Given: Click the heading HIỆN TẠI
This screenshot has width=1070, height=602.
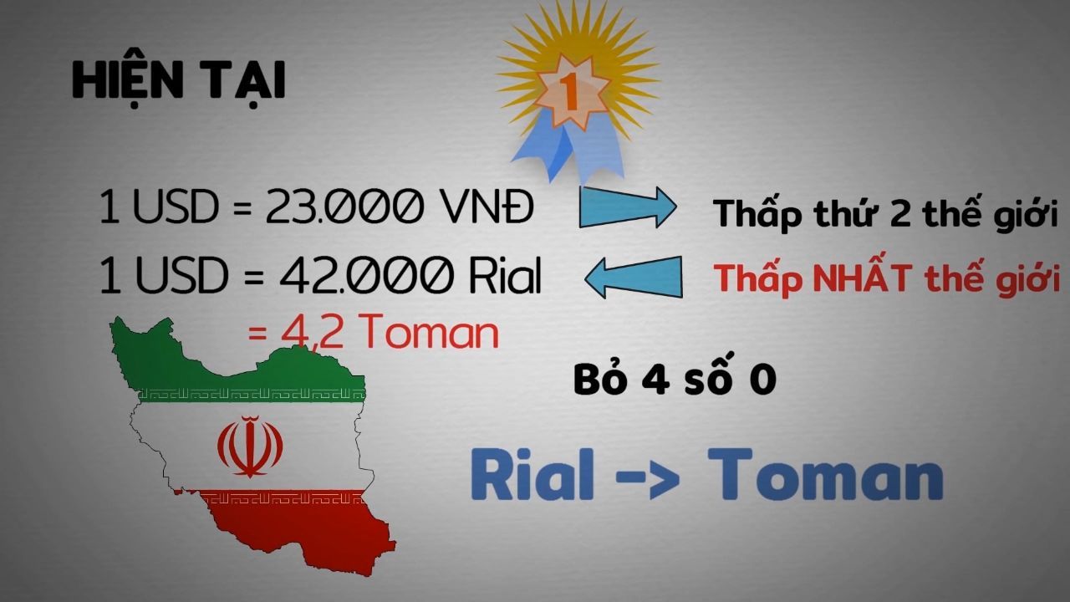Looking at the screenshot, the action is [x=179, y=80].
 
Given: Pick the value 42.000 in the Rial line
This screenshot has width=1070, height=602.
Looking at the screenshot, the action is [x=366, y=275].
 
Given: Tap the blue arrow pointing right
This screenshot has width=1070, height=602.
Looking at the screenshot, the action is [x=628, y=207].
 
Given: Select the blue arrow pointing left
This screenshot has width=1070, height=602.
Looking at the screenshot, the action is [x=634, y=278].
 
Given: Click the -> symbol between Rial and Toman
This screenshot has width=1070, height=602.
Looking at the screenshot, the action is [x=647, y=477].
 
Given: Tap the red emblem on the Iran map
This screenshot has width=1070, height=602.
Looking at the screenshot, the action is [x=250, y=446].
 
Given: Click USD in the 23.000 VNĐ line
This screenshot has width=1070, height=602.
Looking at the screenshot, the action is [x=176, y=207].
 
